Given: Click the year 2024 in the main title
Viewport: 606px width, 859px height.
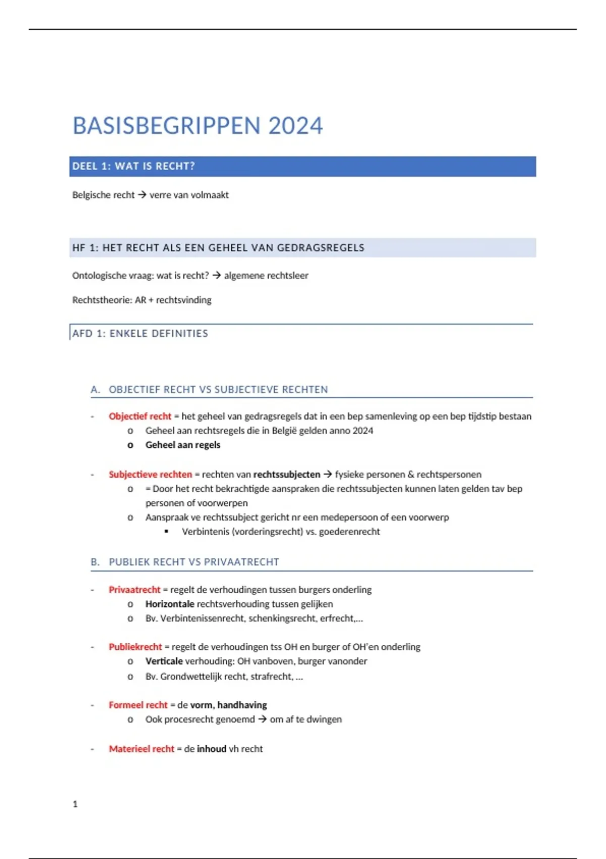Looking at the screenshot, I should point(295,126).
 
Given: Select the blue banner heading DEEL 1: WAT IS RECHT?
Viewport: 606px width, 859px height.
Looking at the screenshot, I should point(133,166).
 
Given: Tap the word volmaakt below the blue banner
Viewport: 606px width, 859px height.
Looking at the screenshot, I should point(209,195).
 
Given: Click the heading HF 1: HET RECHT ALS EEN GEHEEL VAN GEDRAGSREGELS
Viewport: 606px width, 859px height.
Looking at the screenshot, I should point(218,248).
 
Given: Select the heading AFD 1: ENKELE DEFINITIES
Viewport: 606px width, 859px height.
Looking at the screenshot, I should point(140,333).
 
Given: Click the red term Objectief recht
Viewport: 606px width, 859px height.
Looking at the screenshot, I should point(140,416).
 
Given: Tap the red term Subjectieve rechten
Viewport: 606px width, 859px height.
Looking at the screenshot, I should point(150,474).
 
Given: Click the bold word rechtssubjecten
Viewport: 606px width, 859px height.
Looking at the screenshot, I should point(286,474).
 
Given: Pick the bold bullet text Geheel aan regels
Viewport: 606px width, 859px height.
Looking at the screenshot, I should point(183,445).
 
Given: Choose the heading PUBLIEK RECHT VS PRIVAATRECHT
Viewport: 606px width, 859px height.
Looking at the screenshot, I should point(194,562).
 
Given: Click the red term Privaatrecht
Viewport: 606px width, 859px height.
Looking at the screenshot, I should point(134,590).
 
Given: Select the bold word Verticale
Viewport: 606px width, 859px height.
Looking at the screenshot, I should point(164,661).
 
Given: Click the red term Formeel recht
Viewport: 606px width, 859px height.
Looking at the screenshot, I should point(138,705).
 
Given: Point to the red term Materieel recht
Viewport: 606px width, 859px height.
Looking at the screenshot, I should point(141,749).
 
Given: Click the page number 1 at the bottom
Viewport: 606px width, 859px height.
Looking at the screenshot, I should point(75,804).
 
